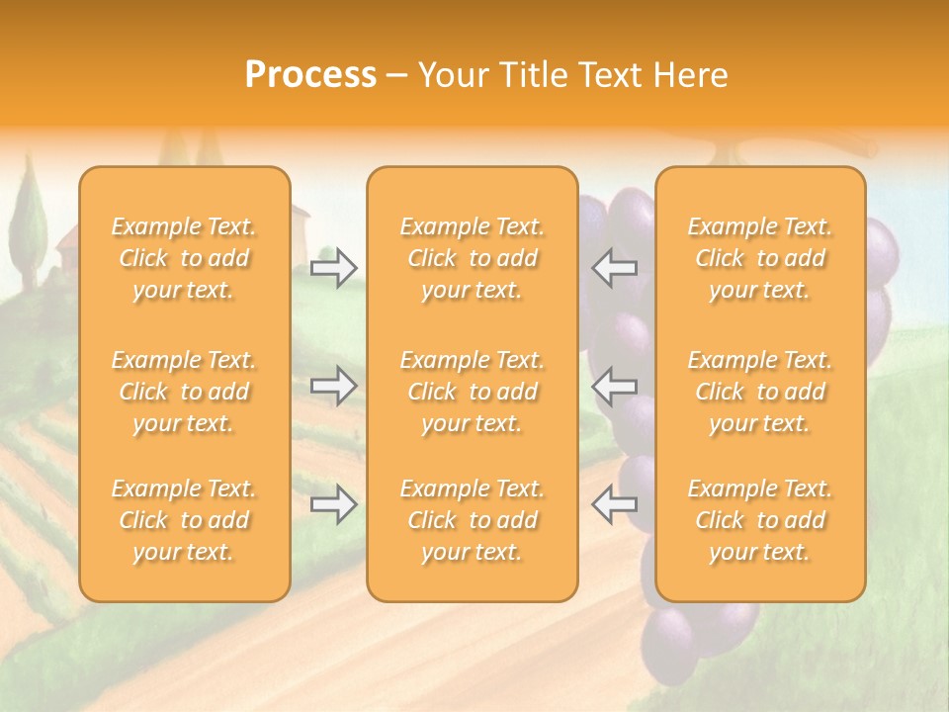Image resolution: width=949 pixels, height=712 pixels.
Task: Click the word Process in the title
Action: coord(310,75)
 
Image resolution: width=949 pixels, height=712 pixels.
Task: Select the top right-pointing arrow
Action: coord(334,268)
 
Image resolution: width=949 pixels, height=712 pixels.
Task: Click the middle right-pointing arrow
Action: coord(334,386)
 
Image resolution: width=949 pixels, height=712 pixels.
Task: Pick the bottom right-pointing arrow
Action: coord(334,504)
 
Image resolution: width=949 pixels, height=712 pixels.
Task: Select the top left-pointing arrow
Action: coord(614,268)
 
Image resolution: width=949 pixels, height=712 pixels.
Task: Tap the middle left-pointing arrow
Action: coord(614,386)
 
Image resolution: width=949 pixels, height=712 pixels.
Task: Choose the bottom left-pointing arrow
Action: coord(614,504)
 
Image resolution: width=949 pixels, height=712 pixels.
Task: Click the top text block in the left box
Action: coord(184,258)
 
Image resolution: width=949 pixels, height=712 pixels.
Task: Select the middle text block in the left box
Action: coord(184,392)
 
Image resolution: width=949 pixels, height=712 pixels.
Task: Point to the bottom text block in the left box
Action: coord(184,520)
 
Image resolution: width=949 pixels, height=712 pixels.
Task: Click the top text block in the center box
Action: coord(473,258)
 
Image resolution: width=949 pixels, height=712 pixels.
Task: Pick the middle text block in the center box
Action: coord(473,392)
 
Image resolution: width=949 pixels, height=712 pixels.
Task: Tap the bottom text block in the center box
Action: coord(473,520)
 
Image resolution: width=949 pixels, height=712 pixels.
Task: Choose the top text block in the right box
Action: coord(760,258)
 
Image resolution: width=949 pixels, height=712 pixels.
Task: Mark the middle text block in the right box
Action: coord(760,392)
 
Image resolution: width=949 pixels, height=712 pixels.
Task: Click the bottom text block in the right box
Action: coord(760,520)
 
